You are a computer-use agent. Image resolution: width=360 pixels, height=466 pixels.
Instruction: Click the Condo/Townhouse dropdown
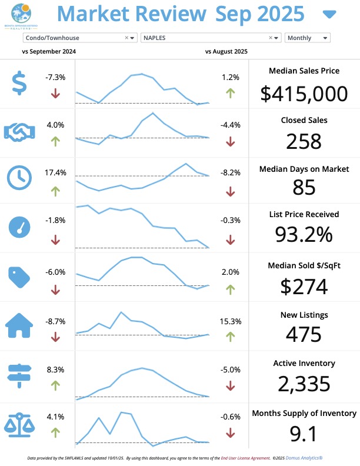79,38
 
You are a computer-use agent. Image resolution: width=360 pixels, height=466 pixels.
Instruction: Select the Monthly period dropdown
307,38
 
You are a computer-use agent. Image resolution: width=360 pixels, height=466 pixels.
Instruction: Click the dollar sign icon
19,83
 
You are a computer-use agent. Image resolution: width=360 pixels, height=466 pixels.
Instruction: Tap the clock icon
19,177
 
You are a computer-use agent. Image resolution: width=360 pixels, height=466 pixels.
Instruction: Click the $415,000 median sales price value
304,94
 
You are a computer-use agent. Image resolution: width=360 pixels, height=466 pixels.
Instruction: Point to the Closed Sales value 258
304,141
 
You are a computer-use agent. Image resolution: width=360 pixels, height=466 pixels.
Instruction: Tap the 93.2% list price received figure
304,234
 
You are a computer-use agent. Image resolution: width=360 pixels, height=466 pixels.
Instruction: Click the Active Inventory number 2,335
304,384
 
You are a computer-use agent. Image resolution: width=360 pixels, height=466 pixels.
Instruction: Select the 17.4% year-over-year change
56,173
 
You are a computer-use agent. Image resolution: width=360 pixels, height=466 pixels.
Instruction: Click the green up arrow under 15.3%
230,337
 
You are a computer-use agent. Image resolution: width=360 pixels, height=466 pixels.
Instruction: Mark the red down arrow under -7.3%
56,93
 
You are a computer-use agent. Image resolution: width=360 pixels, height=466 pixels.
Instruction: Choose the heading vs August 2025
226,51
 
